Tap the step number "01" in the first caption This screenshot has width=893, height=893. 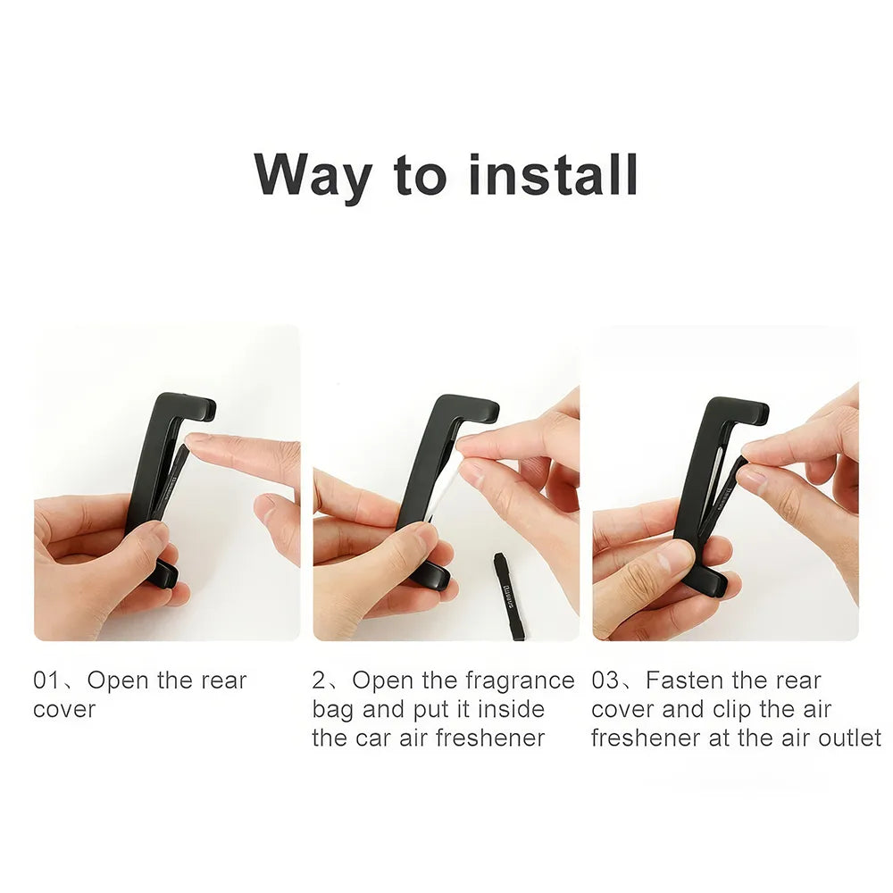[46, 680]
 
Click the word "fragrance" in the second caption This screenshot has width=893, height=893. [520, 680]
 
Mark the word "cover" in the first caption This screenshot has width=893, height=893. [63, 709]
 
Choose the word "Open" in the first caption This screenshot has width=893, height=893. [118, 680]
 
